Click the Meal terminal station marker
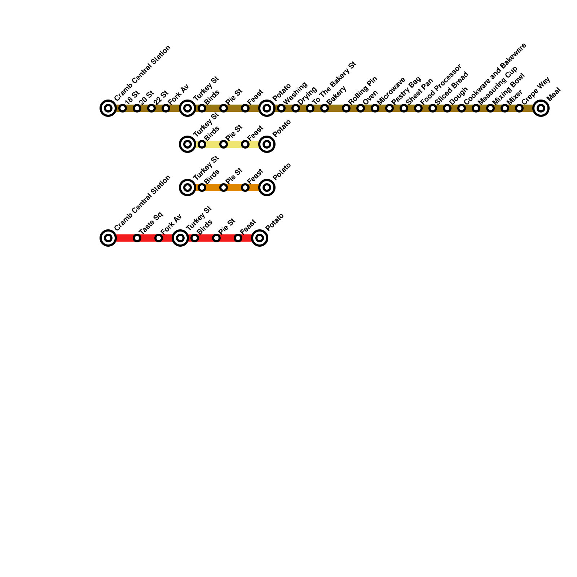pyautogui.click(x=541, y=108)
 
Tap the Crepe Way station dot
pyautogui.click(x=519, y=108)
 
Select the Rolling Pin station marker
pyautogui.click(x=346, y=108)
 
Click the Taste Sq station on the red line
pyautogui.click(x=137, y=238)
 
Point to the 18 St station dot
pyautogui.click(x=123, y=108)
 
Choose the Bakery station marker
pyautogui.click(x=325, y=108)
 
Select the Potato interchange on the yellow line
pyautogui.click(x=267, y=144)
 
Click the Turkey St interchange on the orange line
pyautogui.click(x=188, y=188)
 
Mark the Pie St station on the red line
pyautogui.click(x=216, y=238)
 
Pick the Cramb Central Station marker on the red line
pyautogui.click(x=108, y=238)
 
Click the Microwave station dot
pyautogui.click(x=375, y=108)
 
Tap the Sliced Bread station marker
pyautogui.click(x=433, y=108)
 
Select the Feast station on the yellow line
pyautogui.click(x=245, y=144)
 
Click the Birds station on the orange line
pyautogui.click(x=202, y=188)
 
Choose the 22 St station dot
pyautogui.click(x=151, y=108)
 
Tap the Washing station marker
pyautogui.click(x=281, y=108)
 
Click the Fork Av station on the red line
pyautogui.click(x=159, y=238)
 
